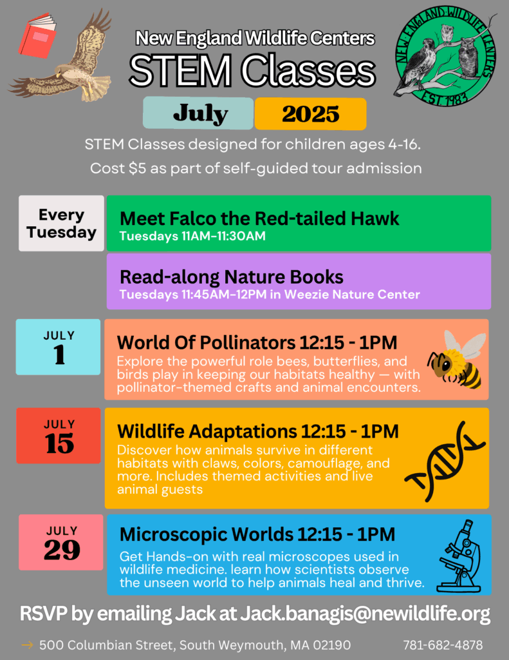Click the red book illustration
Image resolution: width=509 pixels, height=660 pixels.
point(37,35)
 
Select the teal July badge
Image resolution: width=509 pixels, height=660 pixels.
point(198,113)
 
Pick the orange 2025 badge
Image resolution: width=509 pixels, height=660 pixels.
point(311,113)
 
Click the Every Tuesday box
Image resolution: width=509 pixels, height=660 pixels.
point(61,223)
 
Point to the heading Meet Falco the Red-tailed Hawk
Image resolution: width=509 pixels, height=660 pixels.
point(259,218)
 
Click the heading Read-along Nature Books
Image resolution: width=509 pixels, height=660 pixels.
point(232,277)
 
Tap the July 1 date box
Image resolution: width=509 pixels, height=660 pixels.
point(59,347)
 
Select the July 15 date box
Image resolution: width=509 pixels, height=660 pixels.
point(59,436)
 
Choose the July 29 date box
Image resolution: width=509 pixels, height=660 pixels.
point(61,542)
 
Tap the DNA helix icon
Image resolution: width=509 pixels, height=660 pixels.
point(445,461)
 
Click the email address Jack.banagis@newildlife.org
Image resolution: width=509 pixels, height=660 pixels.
point(365,614)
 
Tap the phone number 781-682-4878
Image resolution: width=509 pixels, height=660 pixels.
point(443,645)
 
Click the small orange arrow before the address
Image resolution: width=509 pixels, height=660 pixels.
point(27,645)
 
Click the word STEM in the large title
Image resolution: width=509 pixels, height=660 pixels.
point(180,70)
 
